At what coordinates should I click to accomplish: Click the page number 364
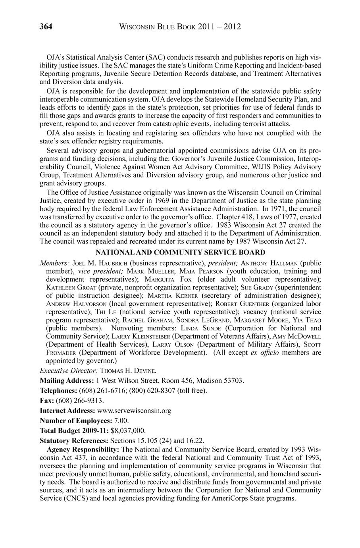[x=46, y=27]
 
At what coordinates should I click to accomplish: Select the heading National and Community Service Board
[x=181, y=252]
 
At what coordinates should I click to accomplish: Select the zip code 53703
[x=233, y=381]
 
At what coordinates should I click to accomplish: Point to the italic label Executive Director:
[x=69, y=370]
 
